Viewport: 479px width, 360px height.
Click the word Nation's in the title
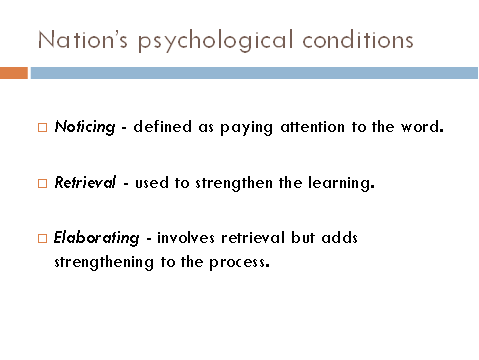pyautogui.click(x=74, y=41)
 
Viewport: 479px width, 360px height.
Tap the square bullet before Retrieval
pyautogui.click(x=42, y=184)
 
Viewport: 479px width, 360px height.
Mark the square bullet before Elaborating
pyautogui.click(x=42, y=239)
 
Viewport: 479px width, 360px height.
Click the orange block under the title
pyautogui.click(x=13, y=73)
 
